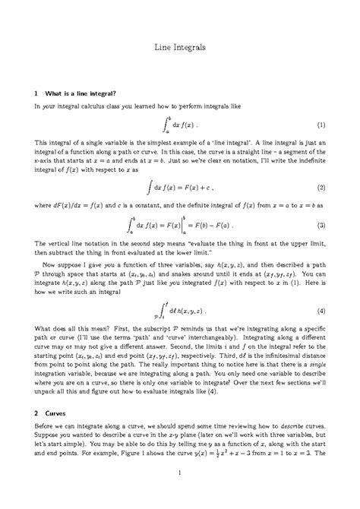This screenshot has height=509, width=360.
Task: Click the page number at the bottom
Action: [180, 476]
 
